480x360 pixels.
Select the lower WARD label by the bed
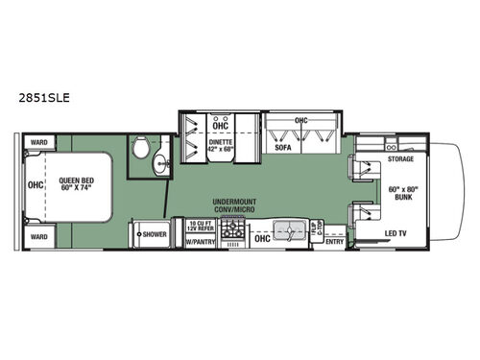38,235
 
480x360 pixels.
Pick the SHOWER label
154,233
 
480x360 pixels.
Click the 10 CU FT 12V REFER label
199,227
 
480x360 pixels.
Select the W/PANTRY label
199,242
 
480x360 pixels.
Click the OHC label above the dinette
221,125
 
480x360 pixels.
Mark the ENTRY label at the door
334,242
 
